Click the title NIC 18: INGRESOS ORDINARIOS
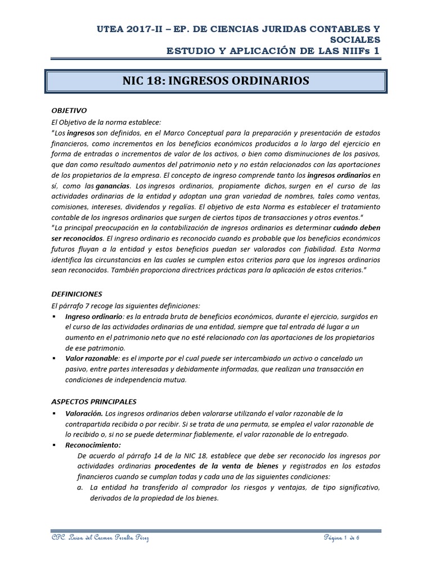[x=215, y=81]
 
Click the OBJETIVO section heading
[x=69, y=110]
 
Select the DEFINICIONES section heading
[x=76, y=294]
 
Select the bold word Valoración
[x=84, y=413]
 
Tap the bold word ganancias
[x=112, y=186]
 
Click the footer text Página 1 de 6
[x=341, y=538]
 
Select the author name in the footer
[x=100, y=539]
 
